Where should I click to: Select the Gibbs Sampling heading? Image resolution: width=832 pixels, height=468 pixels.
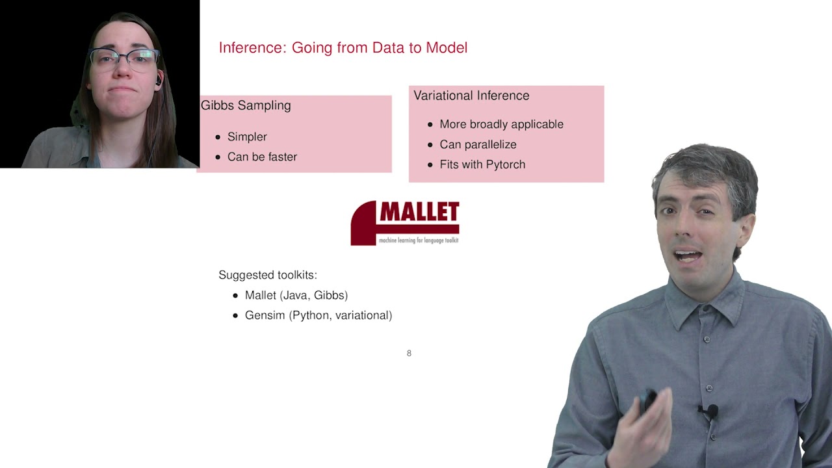pos(246,105)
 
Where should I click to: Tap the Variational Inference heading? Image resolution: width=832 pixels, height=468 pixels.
pos(471,96)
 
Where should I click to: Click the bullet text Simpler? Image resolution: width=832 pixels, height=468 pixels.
pos(247,136)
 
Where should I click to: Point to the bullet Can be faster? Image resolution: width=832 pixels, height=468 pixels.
pos(262,157)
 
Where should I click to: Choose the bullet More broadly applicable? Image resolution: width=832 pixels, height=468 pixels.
pos(501,124)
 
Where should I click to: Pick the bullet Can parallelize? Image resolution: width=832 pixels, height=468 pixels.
pos(478,144)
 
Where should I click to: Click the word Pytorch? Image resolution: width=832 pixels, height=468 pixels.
pos(504,164)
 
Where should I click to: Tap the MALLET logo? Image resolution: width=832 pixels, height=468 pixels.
pos(405,222)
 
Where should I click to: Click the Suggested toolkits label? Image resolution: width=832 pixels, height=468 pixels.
pos(268,275)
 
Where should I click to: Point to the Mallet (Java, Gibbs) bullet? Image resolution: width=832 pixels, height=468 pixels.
pos(296,295)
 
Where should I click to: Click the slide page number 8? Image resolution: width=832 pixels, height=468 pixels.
pos(409,353)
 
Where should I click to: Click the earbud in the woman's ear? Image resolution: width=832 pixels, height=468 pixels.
pos(158,81)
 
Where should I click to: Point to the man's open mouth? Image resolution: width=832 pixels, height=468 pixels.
pos(688,254)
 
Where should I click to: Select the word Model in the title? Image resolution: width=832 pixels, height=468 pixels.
pos(447,48)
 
